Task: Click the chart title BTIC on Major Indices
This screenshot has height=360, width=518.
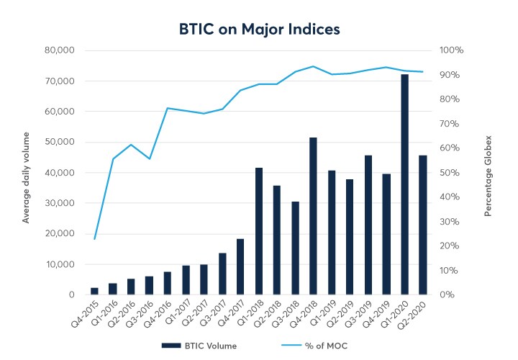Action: tap(259, 30)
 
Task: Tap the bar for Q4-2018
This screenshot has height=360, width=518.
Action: tap(313, 216)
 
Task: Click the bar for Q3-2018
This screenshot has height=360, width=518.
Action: tap(295, 248)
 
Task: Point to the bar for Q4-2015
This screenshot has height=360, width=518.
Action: tap(94, 291)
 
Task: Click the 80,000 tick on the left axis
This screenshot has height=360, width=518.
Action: tap(60, 50)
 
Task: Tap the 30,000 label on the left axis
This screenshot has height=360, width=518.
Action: tap(60, 203)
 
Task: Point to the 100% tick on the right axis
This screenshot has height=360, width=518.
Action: tap(452, 50)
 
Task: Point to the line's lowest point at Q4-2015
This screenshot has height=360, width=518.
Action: tap(94, 238)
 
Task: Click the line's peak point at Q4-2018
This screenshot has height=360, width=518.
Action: tap(313, 66)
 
